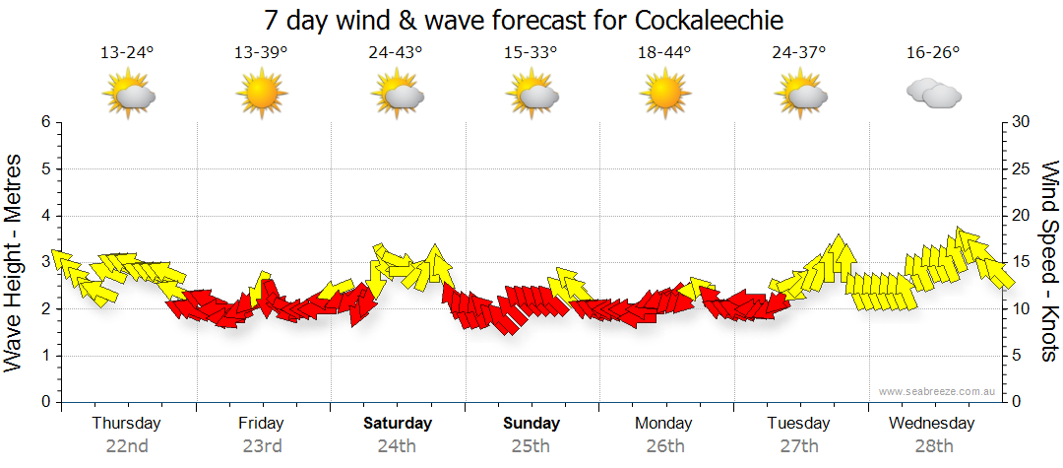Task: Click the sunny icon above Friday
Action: coord(261,96)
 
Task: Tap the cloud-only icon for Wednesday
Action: coord(932,95)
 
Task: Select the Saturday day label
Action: coord(398,424)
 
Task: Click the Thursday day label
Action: coord(127,424)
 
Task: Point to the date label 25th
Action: coord(531,446)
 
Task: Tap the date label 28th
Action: coord(932,446)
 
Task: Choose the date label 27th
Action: coord(798,446)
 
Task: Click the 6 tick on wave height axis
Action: coord(45,122)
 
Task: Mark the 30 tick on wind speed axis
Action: coord(1020,122)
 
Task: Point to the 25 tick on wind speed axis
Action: coord(1020,168)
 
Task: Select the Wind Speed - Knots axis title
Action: coord(1049,261)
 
